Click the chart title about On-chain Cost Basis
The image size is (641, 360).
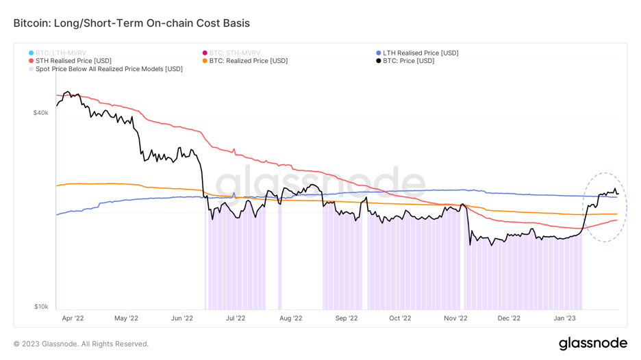point(131,23)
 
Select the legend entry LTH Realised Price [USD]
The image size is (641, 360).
point(420,53)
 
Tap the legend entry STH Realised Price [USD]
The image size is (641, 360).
point(73,61)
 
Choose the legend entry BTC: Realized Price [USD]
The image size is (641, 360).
point(249,61)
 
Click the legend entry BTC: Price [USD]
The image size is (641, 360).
point(408,61)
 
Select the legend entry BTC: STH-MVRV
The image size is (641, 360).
point(235,53)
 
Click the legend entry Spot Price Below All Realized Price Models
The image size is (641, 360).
point(109,69)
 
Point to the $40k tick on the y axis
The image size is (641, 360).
point(40,113)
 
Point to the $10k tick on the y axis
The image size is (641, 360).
point(40,307)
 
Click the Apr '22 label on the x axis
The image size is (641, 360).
point(73,318)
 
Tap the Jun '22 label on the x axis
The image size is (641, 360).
point(181,318)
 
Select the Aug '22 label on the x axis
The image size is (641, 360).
point(291,318)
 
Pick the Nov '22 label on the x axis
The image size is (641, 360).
point(455,318)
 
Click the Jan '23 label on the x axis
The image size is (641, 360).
point(564,318)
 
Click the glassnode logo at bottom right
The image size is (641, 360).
point(592,343)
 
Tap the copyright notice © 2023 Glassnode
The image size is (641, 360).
point(81,344)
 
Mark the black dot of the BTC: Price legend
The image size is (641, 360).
point(379,61)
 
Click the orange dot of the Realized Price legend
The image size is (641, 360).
point(205,61)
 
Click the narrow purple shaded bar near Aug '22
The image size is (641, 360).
point(279,260)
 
